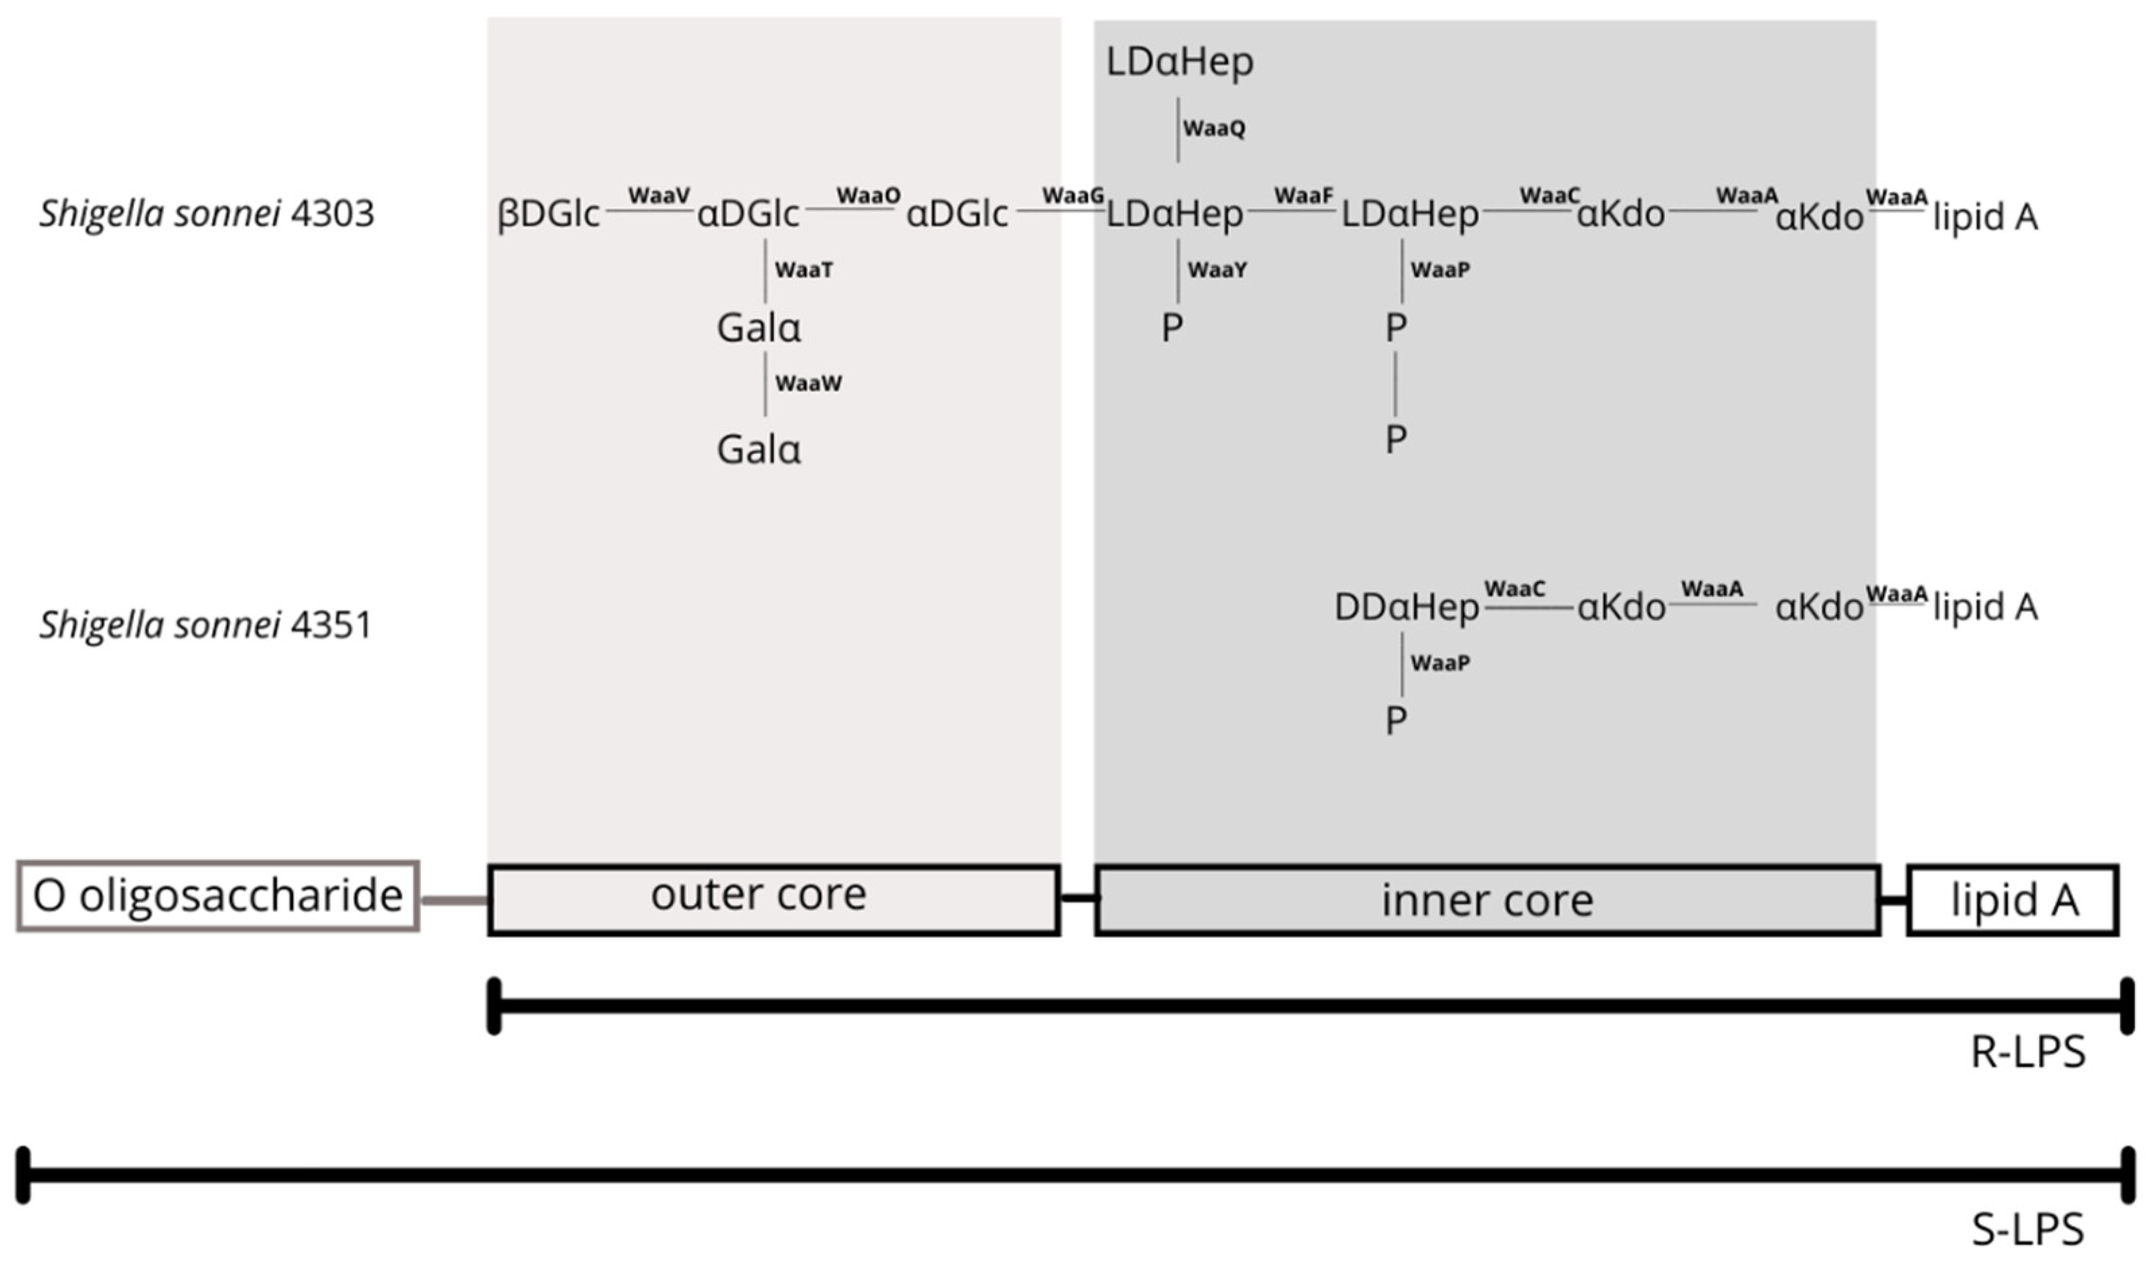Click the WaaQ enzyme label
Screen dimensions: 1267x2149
[x=1213, y=129]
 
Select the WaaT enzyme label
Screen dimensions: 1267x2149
[x=804, y=270]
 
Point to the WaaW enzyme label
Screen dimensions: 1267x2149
[x=808, y=383]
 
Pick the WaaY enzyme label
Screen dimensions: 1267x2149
[x=1217, y=270]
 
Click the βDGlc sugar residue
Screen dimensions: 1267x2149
[x=548, y=214]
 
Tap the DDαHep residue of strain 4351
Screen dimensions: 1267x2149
[x=1406, y=608]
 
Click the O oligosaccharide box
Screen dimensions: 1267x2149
[x=218, y=897]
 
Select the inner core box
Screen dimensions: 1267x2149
[x=1487, y=901]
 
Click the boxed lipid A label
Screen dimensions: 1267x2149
[x=2013, y=901]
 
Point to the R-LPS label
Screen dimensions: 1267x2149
[x=2028, y=1053]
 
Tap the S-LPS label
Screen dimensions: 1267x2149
[x=2028, y=1230]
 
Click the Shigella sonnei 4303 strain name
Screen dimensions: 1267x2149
[x=207, y=214]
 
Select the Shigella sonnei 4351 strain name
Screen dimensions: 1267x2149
[x=205, y=625]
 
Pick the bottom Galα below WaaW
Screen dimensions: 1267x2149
[x=758, y=450]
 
